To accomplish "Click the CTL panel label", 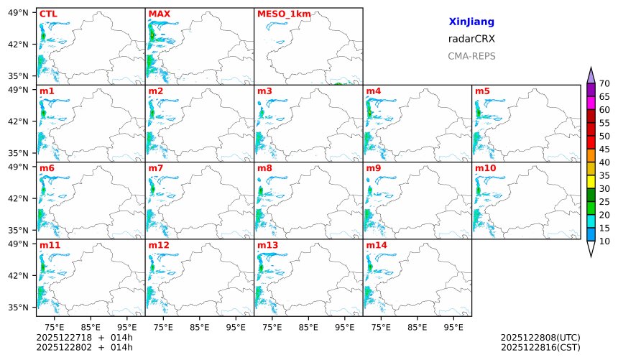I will tap(47, 14).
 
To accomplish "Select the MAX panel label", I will tap(158, 14).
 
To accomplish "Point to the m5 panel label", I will tap(482, 91).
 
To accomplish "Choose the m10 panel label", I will tap(485, 168).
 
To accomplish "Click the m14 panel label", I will tap(376, 245).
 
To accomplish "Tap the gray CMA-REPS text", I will tap(471, 56).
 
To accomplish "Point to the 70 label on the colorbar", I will tap(604, 83).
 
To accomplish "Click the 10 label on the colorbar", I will tap(604, 241).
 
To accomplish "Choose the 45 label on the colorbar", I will tap(604, 149).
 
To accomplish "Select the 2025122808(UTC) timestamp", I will tap(540, 337).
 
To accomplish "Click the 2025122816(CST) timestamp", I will tap(540, 347).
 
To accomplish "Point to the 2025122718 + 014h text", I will tap(85, 337).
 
